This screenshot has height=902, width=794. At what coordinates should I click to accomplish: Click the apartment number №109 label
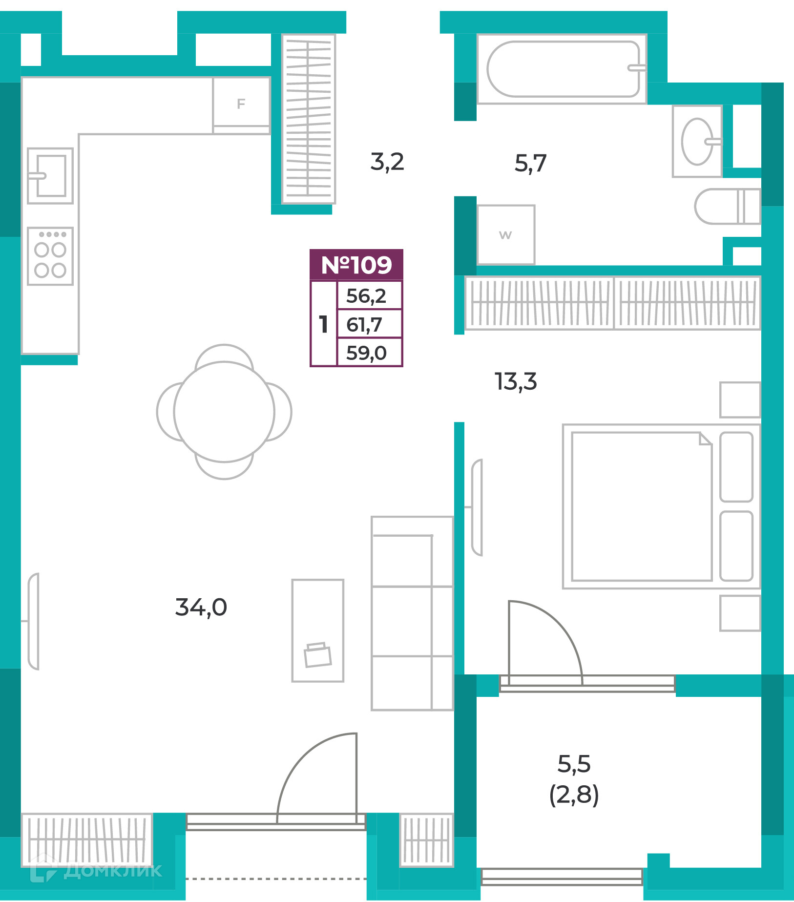[x=356, y=265]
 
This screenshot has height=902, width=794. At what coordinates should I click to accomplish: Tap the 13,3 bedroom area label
[x=516, y=382]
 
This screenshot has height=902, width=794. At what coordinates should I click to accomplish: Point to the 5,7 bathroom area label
[x=530, y=164]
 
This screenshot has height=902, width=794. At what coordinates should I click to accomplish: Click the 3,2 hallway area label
[x=387, y=162]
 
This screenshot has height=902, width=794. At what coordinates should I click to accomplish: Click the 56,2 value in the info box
[x=366, y=296]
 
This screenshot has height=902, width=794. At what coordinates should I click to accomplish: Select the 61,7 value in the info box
[x=364, y=325]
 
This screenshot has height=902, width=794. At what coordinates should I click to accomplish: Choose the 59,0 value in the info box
[x=366, y=353]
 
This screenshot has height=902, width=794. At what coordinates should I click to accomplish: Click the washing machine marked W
[x=506, y=235]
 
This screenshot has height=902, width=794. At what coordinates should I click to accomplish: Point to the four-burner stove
[x=50, y=256]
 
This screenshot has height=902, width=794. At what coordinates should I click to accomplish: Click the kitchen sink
[x=50, y=176]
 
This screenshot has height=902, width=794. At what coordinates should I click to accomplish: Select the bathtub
[x=562, y=69]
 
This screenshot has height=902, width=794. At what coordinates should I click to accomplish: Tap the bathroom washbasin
[x=697, y=141]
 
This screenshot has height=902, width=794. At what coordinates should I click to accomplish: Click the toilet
[x=728, y=206]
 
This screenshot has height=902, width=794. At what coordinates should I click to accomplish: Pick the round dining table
[x=224, y=412]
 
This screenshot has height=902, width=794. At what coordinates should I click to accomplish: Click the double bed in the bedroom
[x=662, y=506]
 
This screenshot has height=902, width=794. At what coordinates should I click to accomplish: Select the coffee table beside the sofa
[x=318, y=630]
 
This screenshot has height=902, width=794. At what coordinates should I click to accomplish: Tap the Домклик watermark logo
[x=96, y=870]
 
